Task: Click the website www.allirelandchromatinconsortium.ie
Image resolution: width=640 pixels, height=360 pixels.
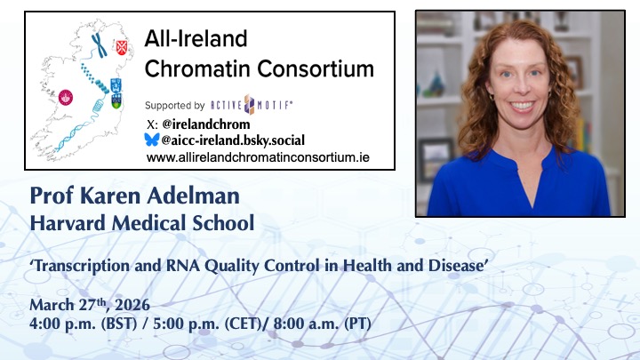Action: (x=258, y=157)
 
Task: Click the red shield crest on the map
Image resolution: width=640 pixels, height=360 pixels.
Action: (x=123, y=40)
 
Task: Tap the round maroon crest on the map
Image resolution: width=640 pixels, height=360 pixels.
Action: (x=65, y=100)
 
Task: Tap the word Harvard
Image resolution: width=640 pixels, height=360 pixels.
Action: (x=70, y=221)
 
